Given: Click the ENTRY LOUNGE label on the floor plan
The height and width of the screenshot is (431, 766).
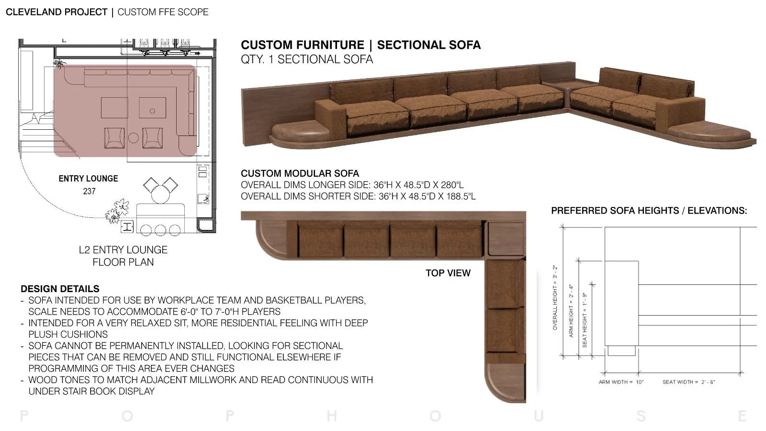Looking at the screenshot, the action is [x=88, y=179].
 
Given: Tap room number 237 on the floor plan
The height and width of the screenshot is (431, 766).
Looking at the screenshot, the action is [x=89, y=191].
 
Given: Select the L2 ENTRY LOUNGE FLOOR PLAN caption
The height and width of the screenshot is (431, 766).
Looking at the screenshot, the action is [x=123, y=256].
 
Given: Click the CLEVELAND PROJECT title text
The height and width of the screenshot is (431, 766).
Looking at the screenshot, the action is [x=56, y=12].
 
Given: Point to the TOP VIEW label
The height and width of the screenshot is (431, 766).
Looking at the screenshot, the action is [x=448, y=273].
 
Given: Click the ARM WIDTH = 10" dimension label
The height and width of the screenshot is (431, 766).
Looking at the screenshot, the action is [x=621, y=382].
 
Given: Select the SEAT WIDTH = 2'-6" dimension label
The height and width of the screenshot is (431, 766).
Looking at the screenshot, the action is [x=688, y=382].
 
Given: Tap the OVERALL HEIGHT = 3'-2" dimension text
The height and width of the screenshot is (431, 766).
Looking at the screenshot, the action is [x=555, y=297].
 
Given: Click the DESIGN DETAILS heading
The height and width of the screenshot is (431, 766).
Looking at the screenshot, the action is [x=60, y=289].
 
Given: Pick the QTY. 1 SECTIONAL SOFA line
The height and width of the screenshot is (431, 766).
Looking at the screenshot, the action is [x=307, y=59].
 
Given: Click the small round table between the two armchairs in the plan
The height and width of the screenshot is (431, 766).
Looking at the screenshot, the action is [x=134, y=138].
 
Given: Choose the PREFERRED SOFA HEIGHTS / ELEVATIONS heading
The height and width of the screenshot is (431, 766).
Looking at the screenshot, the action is [x=649, y=211].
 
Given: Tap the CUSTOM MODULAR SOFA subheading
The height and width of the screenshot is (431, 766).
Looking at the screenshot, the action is [x=300, y=173].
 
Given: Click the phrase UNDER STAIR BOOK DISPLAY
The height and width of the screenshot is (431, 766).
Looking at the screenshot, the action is [x=91, y=391].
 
